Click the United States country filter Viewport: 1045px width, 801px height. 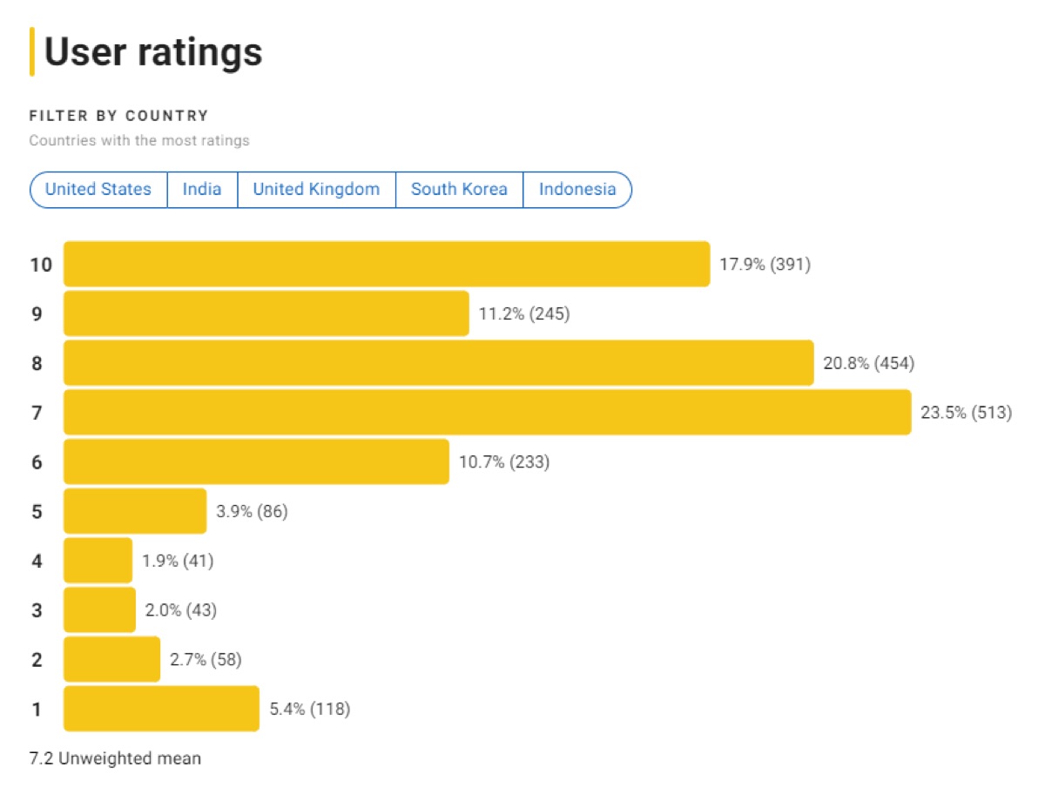[98, 190]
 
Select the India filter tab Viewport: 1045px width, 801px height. [201, 190]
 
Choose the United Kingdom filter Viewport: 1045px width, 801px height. [316, 190]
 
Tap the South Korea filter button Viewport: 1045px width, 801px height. [459, 190]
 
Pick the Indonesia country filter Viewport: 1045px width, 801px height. [577, 190]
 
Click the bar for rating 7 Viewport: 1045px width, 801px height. [487, 413]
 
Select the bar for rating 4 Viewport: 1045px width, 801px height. [98, 561]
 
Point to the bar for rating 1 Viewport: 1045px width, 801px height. [161, 709]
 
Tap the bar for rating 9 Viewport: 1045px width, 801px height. [266, 313]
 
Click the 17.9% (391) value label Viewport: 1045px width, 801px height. [765, 265]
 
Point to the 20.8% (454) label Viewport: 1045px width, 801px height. [869, 363]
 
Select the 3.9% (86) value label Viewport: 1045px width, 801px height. [252, 511]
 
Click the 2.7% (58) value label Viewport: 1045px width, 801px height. [206, 659]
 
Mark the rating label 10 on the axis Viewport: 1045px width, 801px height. [41, 265]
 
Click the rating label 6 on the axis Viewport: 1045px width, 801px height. [37, 462]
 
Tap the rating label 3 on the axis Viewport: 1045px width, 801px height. [37, 610]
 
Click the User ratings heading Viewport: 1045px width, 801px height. [153, 52]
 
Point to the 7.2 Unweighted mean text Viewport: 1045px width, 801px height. [115, 758]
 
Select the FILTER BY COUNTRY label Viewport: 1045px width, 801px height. [119, 116]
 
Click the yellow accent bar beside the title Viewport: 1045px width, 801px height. [32, 51]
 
